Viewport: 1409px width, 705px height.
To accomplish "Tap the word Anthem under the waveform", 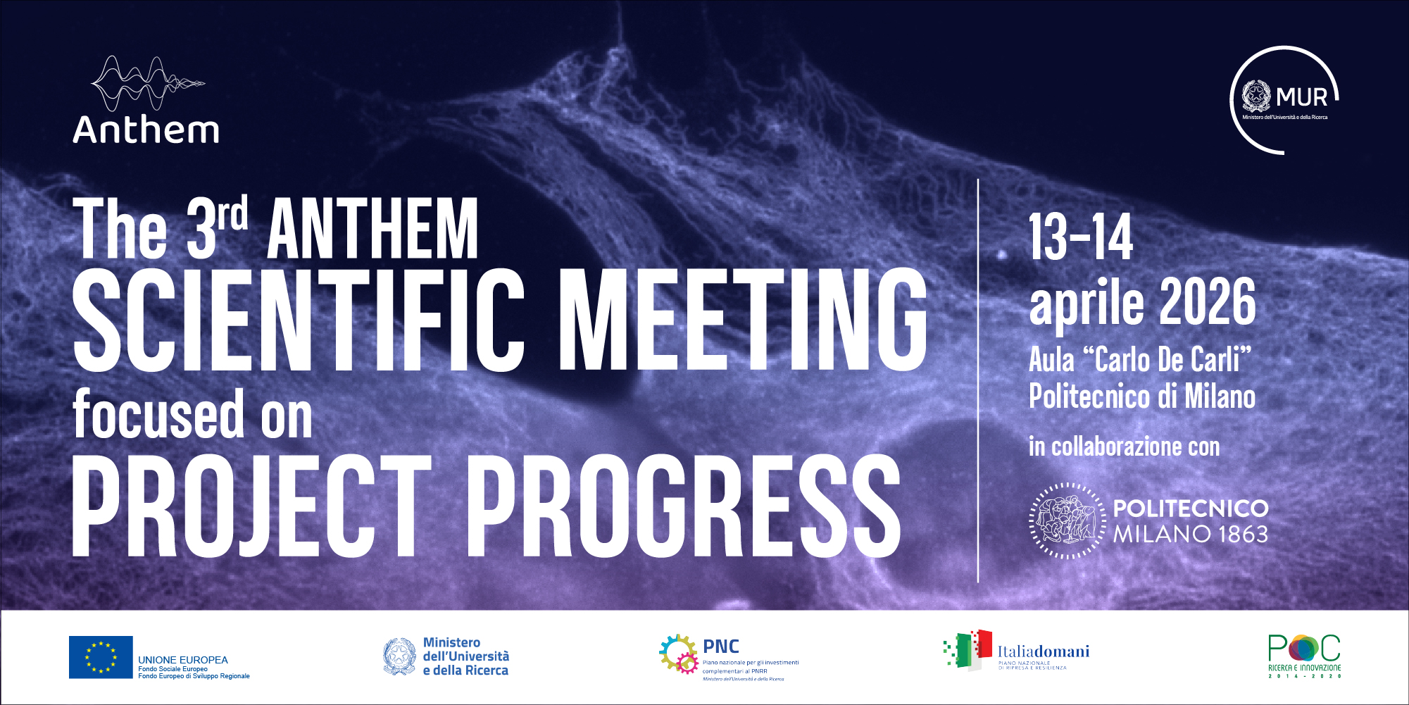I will pos(146,130).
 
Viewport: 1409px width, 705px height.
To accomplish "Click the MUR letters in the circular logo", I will pos(1301,97).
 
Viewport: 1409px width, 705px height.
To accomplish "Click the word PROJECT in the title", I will pos(251,506).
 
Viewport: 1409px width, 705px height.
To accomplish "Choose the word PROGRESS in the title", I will pos(683,506).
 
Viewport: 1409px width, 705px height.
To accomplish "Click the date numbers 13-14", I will pos(1081,237).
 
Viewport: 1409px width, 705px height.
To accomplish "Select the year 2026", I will pos(1208,302).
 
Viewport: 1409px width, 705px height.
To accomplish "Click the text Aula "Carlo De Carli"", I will pos(1140,360).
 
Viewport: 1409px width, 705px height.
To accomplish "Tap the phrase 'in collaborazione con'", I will pos(1124,447).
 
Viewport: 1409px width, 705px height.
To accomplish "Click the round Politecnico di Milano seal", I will pos(1067,521).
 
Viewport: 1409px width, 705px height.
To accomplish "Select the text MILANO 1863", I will pos(1190,535).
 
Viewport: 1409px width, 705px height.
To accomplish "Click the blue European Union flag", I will pos(101,657).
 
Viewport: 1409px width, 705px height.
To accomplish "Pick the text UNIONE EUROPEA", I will pos(183,660).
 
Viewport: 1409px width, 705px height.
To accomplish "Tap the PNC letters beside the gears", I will pos(721,647).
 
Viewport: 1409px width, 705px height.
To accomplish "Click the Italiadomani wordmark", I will pos(1043,651).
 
